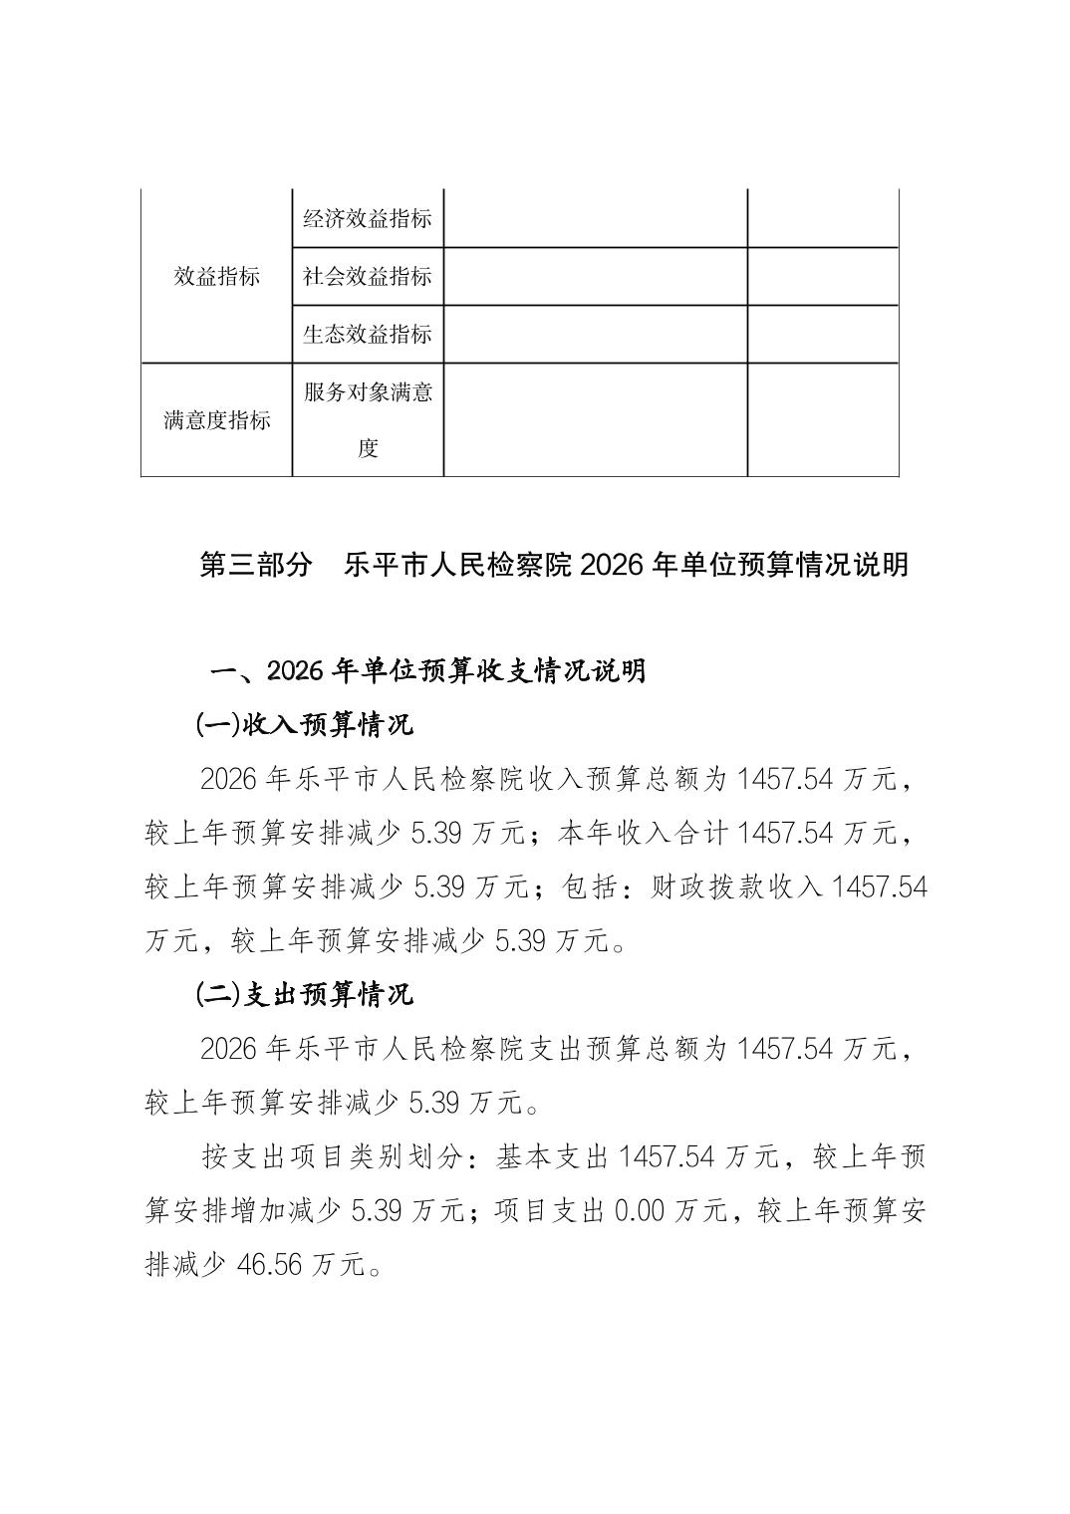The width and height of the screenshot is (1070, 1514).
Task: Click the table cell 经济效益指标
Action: [368, 219]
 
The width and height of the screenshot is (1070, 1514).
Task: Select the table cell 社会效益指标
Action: [368, 276]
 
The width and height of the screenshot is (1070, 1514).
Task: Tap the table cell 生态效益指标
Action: [368, 334]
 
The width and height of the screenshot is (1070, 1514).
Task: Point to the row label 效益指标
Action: [216, 276]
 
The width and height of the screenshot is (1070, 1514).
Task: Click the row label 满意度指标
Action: [216, 419]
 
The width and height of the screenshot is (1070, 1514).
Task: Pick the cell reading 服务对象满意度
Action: [368, 419]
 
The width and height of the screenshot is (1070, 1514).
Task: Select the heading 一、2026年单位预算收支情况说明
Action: [428, 670]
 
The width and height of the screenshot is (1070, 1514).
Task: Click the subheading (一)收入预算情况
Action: [304, 724]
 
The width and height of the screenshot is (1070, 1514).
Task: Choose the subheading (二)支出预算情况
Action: [304, 993]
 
